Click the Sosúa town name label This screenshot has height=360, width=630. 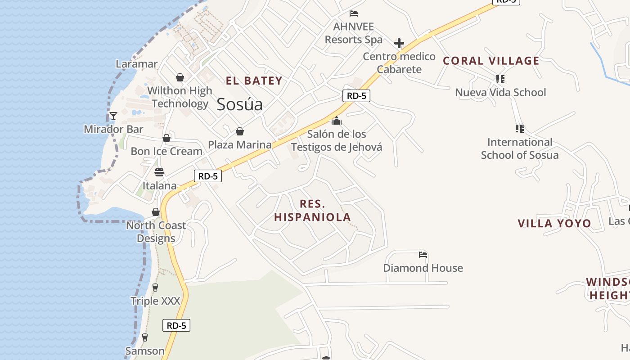[239, 104]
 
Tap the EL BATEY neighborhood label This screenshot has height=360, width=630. [254, 81]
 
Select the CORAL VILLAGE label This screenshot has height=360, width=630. [491, 61]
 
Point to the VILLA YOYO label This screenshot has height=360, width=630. [554, 223]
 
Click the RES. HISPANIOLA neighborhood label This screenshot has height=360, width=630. [312, 211]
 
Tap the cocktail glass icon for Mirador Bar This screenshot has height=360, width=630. [113, 116]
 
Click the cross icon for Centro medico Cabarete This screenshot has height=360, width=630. [399, 43]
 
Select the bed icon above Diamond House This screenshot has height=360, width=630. [423, 255]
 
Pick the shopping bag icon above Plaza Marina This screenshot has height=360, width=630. [240, 131]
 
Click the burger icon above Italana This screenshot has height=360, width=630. [159, 172]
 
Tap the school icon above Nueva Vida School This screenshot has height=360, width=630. [500, 79]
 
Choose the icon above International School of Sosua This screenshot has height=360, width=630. [520, 129]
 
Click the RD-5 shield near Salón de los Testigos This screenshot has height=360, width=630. [356, 95]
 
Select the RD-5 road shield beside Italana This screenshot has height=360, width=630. [208, 176]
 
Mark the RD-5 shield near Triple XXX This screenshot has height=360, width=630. [176, 325]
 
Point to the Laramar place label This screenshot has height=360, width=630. [136, 64]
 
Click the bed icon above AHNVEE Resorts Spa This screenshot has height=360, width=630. [354, 13]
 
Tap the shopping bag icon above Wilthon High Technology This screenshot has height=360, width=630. [180, 77]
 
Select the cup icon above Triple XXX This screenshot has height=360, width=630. [155, 287]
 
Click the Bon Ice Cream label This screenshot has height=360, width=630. [166, 151]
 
